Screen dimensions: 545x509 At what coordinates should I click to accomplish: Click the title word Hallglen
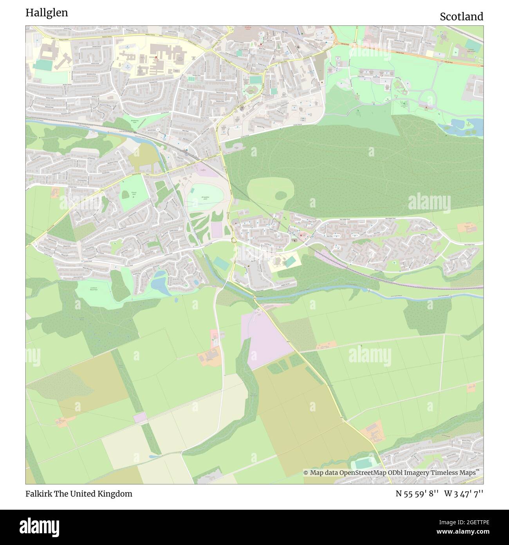(47, 13)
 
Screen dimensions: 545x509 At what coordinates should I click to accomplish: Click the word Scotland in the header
(461, 16)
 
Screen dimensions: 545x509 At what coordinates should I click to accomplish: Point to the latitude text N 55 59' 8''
(417, 494)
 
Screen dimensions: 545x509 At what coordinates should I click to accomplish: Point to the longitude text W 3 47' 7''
(464, 494)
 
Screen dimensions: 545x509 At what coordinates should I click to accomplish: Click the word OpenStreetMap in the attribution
(363, 473)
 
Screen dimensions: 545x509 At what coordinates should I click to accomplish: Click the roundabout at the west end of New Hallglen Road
(234, 240)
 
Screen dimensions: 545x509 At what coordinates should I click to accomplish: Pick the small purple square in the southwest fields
(140, 418)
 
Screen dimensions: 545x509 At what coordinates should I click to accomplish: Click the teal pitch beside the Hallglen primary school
(290, 261)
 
